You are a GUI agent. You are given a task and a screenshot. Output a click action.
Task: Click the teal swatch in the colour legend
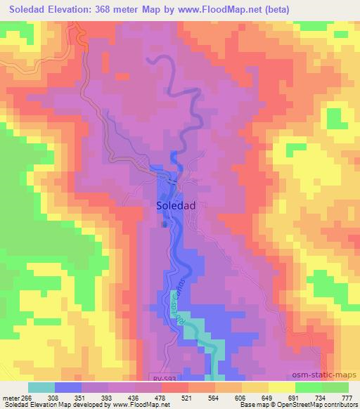(41, 387)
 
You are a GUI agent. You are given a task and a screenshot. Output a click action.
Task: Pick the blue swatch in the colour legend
(68, 387)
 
